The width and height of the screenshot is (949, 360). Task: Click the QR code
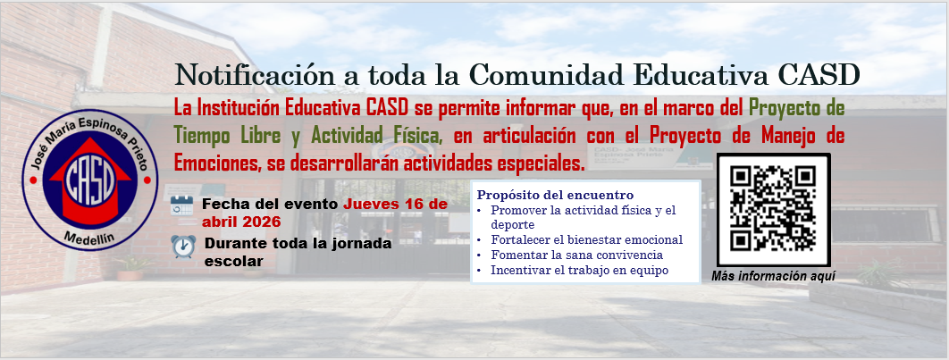[x=773, y=209]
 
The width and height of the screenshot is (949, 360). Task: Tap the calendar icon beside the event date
[x=181, y=205]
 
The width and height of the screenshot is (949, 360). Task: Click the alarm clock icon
[x=183, y=247]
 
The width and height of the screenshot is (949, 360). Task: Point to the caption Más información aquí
[x=773, y=277]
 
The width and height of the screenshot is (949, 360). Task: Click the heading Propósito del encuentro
[x=555, y=195]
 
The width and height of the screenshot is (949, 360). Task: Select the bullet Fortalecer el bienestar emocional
[x=586, y=239]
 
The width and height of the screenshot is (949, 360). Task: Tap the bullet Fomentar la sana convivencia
[x=576, y=255]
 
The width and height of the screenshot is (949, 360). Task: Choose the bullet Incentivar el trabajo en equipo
[x=579, y=271]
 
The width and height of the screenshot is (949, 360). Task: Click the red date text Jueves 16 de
[x=395, y=204]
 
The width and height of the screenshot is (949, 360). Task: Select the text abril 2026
[x=241, y=222]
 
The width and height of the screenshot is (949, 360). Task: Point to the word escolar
[x=233, y=262]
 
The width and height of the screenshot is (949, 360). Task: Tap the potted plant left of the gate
[x=130, y=268]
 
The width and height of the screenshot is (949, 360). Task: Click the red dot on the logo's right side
[x=147, y=180]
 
